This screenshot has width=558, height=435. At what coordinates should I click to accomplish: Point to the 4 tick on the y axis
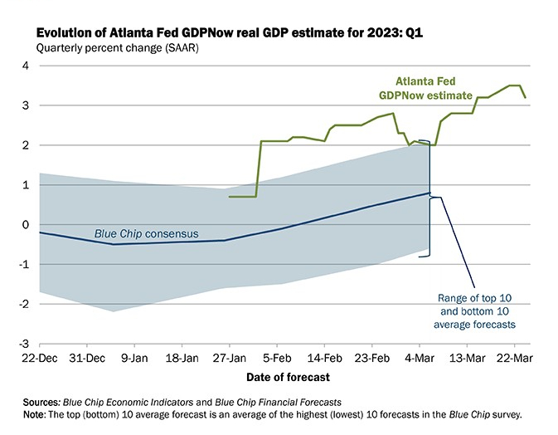coord(26,66)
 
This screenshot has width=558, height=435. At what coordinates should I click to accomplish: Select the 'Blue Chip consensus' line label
coord(143,235)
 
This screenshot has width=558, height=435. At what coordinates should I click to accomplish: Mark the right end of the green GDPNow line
coord(525,97)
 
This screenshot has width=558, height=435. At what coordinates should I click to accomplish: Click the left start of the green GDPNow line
coord(230,197)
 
